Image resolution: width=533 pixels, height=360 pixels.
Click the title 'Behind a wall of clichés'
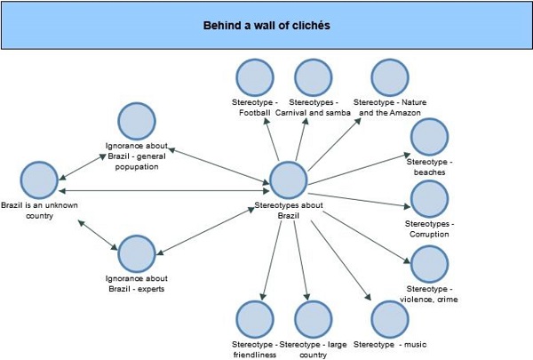pyautogui.click(x=266, y=25)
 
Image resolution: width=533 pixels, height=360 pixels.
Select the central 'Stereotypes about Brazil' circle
pyautogui.click(x=288, y=180)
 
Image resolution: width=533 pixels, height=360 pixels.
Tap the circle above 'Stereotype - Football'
pyautogui.click(x=256, y=77)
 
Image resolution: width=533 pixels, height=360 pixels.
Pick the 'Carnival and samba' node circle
pyautogui.click(x=314, y=77)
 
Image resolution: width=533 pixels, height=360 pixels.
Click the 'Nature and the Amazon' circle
pyautogui.click(x=390, y=77)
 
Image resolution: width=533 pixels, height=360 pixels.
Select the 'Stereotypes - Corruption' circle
pyautogui.click(x=429, y=199)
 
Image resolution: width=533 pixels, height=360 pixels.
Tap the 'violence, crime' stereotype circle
pyautogui.click(x=429, y=265)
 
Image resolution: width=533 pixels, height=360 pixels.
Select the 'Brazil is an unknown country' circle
pyautogui.click(x=39, y=180)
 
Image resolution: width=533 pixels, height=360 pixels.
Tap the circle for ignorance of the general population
pyautogui.click(x=138, y=122)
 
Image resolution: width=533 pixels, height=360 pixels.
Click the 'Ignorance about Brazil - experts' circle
pyautogui.click(x=138, y=254)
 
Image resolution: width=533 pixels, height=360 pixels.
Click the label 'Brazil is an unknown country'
pyautogui.click(x=34, y=210)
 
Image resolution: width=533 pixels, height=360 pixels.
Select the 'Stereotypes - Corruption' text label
pyautogui.click(x=427, y=228)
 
